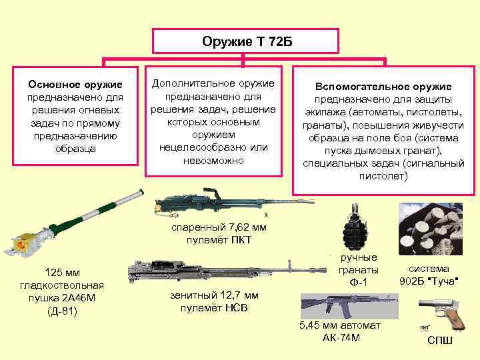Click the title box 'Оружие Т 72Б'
tap(247, 41)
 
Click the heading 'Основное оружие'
tap(75, 85)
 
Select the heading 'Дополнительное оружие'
tap(213, 83)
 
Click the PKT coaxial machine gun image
tap(210, 203)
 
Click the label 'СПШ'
tap(440, 341)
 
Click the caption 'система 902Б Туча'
tap(433, 274)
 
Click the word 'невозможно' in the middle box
tap(213, 161)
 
